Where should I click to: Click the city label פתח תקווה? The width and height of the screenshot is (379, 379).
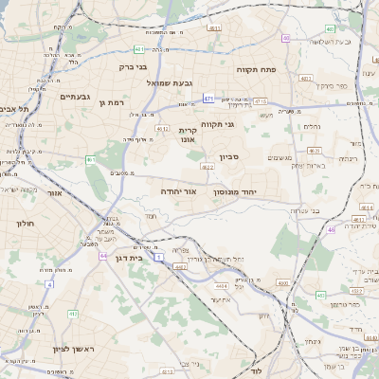[256, 70]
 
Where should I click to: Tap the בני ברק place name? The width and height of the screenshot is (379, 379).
[133, 67]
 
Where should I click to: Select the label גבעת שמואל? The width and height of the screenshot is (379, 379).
[170, 83]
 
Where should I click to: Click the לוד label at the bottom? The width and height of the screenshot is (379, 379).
[257, 373]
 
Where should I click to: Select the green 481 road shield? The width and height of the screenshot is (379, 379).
[140, 49]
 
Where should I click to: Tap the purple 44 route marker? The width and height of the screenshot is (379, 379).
[102, 255]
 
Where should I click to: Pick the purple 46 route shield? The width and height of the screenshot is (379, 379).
[331, 229]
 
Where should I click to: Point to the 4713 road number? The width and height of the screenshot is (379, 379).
[261, 100]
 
